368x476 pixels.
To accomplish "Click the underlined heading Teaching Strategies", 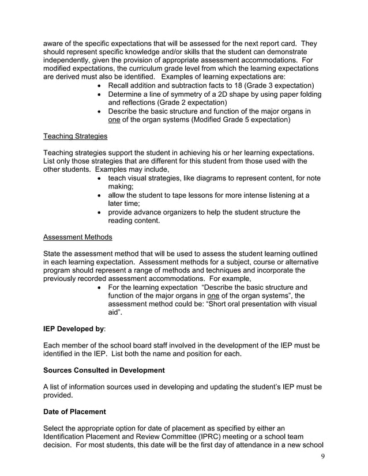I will (75, 137).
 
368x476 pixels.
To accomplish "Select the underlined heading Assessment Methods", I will (78, 237).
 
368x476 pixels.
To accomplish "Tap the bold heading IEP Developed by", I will (74, 329).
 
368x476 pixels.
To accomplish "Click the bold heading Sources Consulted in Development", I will (104, 370).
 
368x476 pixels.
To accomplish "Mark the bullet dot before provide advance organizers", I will (102, 213).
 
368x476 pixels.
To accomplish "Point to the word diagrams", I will (221, 179).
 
